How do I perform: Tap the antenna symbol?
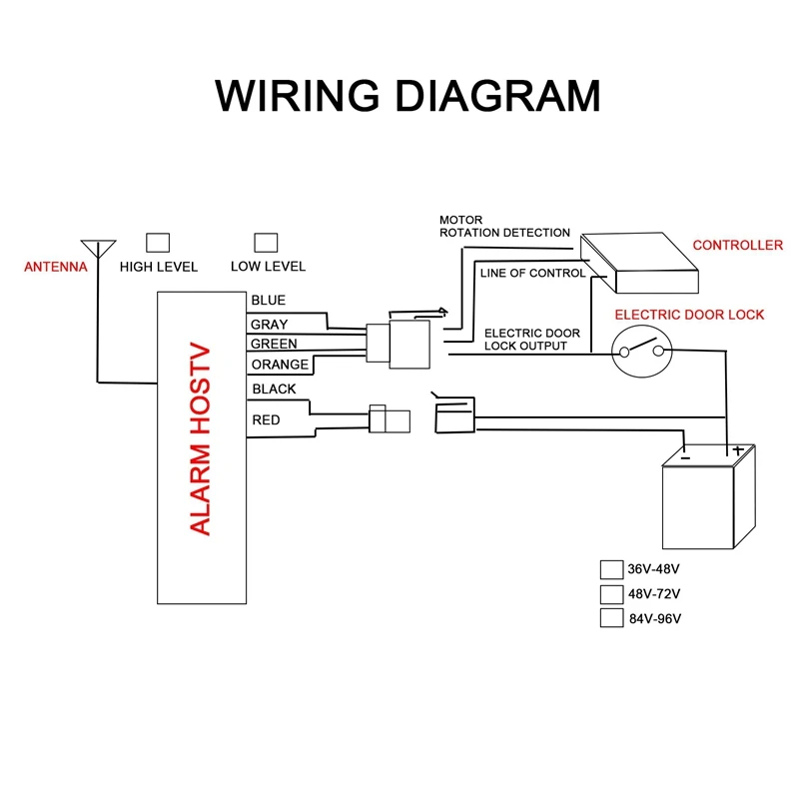[98, 247]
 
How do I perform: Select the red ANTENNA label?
[56, 267]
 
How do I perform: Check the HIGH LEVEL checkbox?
[158, 242]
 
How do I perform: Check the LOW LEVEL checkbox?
[266, 242]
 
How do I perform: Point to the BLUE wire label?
[269, 301]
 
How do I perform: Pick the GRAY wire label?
[269, 325]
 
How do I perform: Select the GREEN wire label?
[274, 345]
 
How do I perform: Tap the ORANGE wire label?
[280, 365]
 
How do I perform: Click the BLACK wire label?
[274, 390]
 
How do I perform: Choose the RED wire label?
[267, 420]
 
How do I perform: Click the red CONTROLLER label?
[738, 246]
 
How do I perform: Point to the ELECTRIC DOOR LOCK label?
[689, 315]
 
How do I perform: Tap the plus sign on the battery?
[738, 450]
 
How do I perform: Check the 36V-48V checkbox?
[611, 570]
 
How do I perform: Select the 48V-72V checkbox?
[611, 594]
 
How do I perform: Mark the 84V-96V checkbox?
[611, 618]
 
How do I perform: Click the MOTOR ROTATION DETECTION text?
[504, 226]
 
